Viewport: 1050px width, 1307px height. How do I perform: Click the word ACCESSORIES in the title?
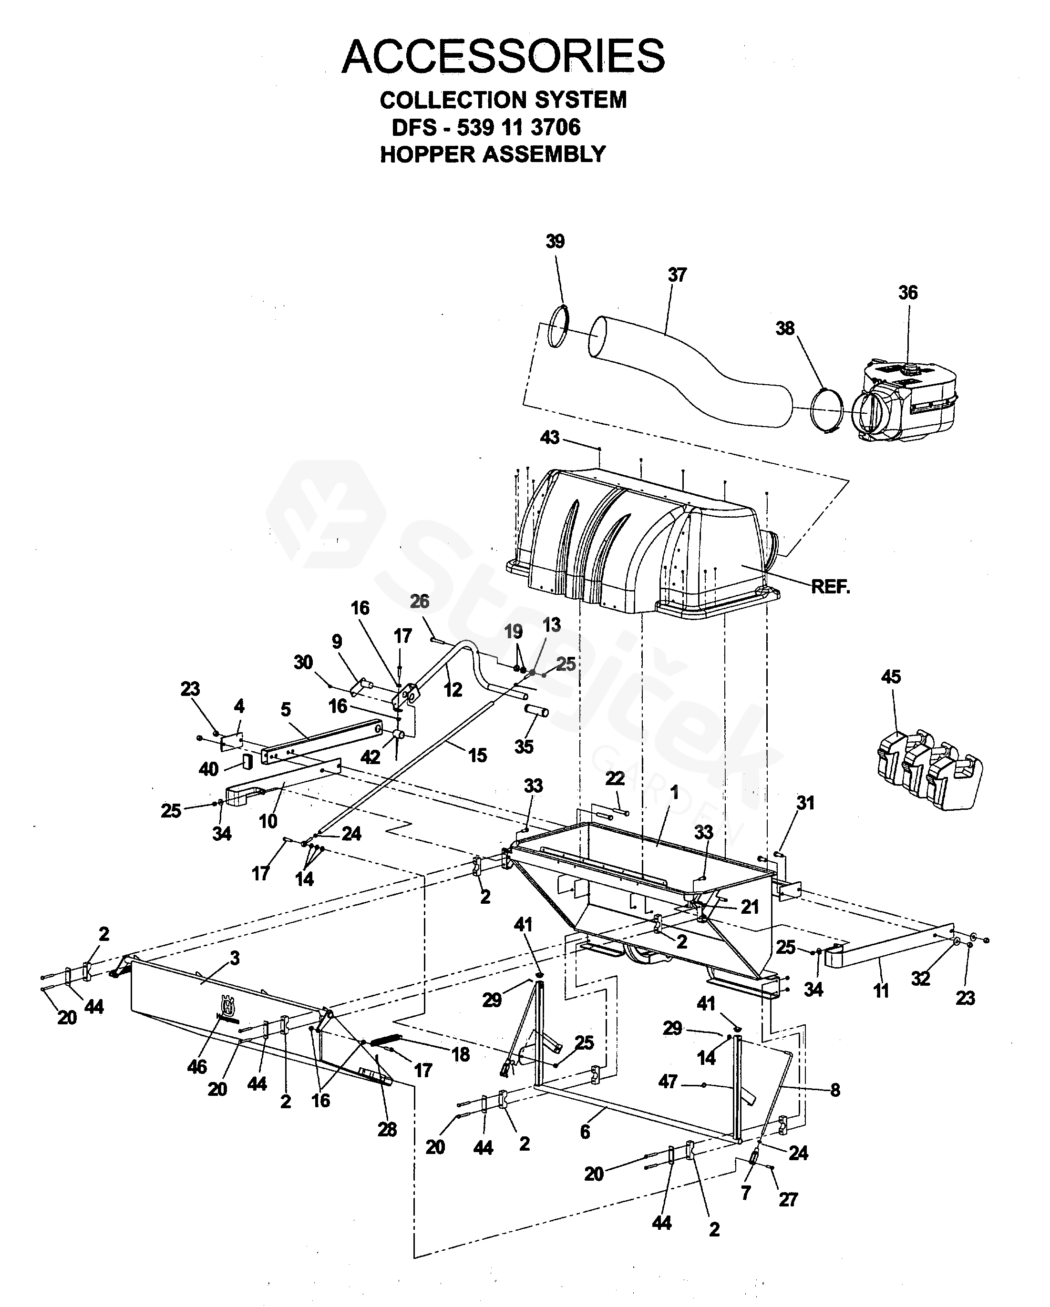point(503,56)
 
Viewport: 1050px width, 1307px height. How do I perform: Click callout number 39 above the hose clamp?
point(555,241)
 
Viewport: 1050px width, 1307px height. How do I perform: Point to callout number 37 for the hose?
point(677,275)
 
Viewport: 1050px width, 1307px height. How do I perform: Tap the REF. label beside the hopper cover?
point(831,587)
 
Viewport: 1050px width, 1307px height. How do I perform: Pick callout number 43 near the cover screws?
point(550,437)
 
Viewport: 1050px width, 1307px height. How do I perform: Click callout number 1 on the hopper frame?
point(674,792)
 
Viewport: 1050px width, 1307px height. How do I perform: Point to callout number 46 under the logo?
point(197,1066)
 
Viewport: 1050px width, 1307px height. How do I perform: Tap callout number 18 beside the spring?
point(461,1054)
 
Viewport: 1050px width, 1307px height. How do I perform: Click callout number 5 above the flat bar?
point(286,709)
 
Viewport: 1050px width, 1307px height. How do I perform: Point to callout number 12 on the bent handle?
point(453,689)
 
